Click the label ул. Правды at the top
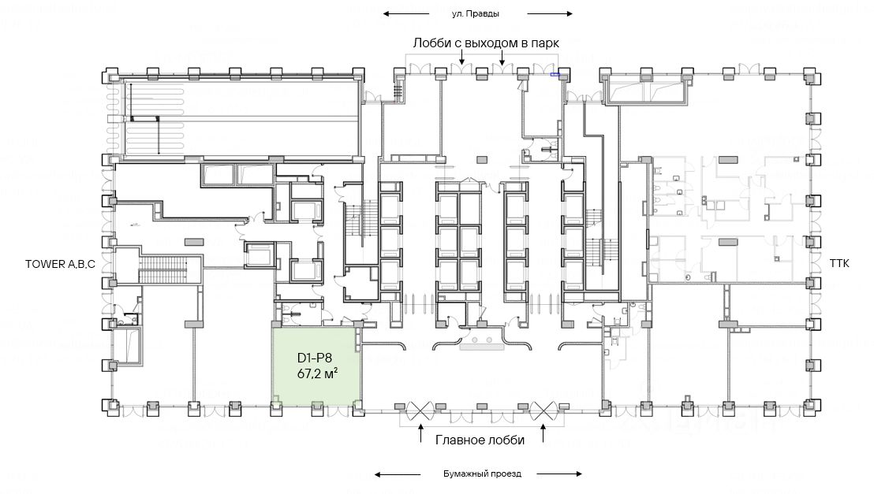pos(476,13)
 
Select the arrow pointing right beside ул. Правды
pos(549,13)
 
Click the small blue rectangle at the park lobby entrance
pos(555,75)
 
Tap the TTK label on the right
pos(839,264)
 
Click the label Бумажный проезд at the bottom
pos(480,474)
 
